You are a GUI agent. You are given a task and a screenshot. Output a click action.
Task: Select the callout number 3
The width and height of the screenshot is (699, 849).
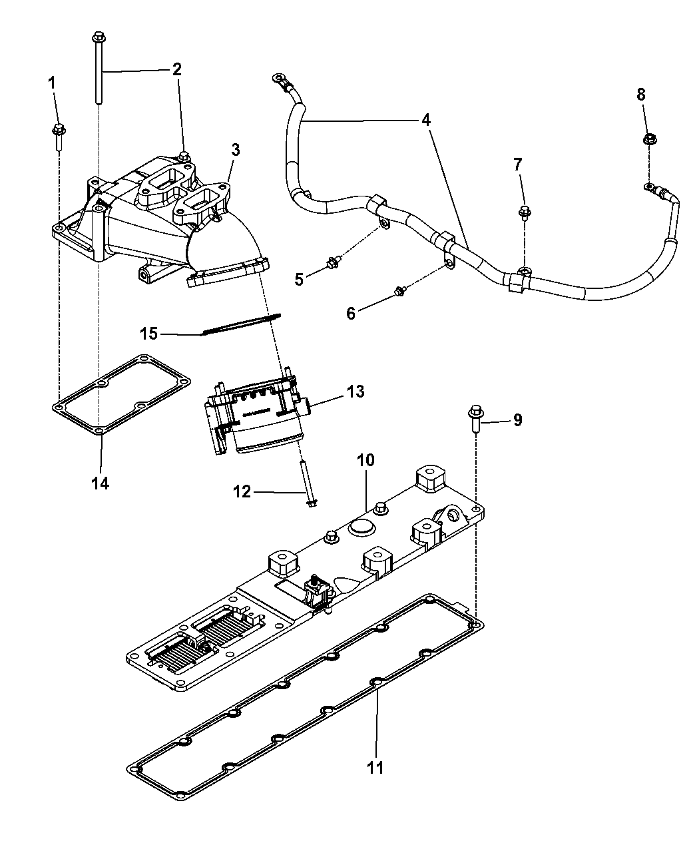[x=235, y=150]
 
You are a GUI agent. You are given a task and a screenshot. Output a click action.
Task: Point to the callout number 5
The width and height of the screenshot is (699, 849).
[x=299, y=279]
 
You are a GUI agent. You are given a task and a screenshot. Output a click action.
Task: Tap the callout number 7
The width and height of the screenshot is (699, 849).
[x=519, y=164]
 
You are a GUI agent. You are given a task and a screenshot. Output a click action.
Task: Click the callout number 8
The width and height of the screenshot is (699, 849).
[x=641, y=95]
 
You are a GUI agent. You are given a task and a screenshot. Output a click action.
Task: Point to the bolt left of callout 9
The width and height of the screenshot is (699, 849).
[x=475, y=418]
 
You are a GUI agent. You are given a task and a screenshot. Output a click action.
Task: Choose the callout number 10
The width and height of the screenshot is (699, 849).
[x=366, y=459]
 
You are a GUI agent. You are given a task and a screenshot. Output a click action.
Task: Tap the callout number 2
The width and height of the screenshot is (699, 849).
[x=176, y=69]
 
